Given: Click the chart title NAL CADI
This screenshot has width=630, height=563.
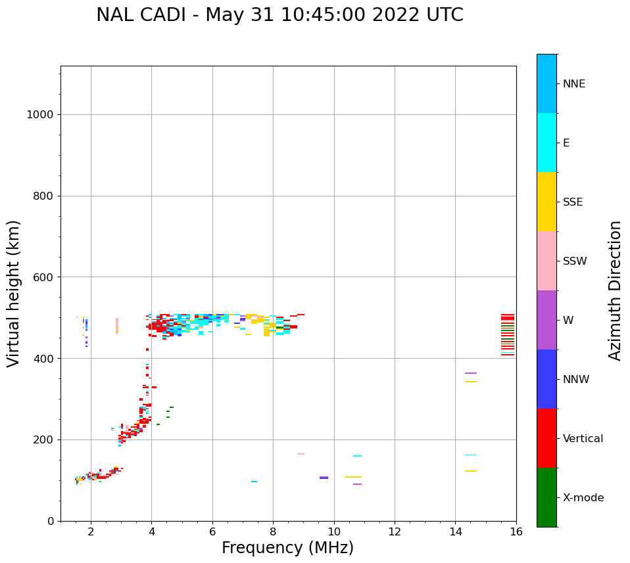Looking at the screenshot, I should point(279,15).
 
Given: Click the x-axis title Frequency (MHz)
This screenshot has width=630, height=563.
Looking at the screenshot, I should point(287,548).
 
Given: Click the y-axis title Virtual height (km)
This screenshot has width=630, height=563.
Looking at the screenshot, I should point(14,294).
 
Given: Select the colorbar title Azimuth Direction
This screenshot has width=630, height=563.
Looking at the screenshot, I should point(615,290).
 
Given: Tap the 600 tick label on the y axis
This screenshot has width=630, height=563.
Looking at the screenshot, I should point(44,277).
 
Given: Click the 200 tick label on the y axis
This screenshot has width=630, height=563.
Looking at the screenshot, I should point(44,439).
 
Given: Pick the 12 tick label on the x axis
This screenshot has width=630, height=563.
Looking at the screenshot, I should point(395,531).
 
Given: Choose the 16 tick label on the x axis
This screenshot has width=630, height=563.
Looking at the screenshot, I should point(516,531).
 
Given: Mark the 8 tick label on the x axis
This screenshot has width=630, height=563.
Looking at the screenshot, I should point(273,531).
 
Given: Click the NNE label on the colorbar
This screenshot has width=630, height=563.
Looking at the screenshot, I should point(574,84).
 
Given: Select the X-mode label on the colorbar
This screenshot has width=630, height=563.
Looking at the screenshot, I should point(583,498).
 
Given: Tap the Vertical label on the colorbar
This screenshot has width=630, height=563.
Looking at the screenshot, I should point(583,439).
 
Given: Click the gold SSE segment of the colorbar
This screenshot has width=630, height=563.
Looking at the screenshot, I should point(546,202).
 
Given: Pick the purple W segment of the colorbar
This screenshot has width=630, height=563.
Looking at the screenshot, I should point(546,320).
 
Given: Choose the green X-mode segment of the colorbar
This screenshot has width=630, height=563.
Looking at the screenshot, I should point(546,497).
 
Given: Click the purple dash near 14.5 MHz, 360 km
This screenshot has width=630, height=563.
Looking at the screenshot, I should point(471,373).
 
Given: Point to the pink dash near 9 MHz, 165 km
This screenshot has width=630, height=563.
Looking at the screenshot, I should point(301,454).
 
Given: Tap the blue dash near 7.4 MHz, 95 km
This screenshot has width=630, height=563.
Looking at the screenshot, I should point(254,482).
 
